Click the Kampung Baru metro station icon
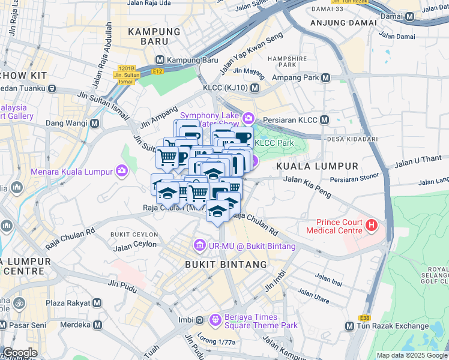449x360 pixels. coord(160,60)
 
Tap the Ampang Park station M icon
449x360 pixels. coord(325,77)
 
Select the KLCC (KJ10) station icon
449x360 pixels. coord(255,88)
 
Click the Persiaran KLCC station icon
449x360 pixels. coord(324,119)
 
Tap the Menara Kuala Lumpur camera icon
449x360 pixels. coord(122,172)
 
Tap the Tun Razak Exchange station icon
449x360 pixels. coord(350,326)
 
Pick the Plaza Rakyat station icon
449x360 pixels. coord(97,304)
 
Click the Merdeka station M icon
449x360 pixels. coord(97,325)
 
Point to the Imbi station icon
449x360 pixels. coord(200,319)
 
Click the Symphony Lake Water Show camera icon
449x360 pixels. coord(249,118)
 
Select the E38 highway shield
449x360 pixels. coord(364,317)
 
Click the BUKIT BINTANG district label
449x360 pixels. coord(226,264)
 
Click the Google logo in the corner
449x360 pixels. coord(20,353)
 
